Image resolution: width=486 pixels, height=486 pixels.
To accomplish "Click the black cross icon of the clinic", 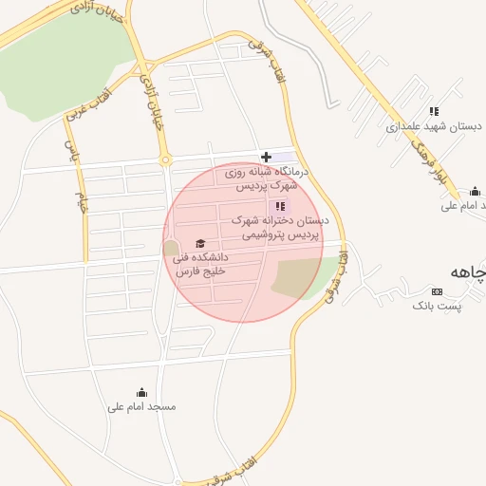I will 266,157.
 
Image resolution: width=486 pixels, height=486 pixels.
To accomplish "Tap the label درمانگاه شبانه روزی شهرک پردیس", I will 260,179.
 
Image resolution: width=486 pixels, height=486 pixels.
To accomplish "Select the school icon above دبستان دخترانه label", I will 279,206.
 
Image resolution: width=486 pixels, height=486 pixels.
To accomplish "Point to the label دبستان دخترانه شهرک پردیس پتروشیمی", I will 281,226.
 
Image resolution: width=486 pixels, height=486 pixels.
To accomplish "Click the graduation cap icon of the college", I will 199,244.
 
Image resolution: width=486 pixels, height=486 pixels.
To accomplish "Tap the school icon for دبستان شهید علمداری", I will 434,111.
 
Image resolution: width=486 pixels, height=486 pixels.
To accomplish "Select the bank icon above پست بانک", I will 437,291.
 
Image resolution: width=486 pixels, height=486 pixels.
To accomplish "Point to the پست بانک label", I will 437,306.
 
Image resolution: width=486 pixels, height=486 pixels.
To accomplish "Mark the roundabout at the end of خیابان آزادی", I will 165,159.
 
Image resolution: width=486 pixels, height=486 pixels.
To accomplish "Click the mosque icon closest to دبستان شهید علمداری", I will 476,191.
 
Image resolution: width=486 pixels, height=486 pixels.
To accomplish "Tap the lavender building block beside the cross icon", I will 285,157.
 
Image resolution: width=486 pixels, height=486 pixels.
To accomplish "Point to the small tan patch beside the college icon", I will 171,248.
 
